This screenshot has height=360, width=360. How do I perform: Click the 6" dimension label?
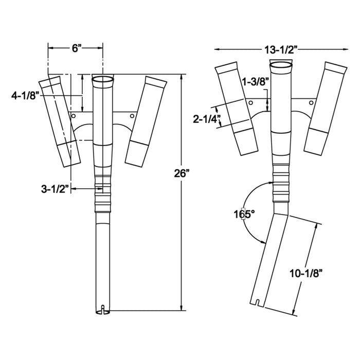tap(76, 48)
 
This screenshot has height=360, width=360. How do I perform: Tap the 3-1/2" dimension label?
tap(55, 189)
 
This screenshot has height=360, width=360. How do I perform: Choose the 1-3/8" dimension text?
tap(255, 82)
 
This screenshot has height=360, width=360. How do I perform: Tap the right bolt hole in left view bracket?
tap(132, 117)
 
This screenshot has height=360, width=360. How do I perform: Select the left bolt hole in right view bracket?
tap(250, 103)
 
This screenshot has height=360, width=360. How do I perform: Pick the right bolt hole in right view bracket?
tap(312, 103)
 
